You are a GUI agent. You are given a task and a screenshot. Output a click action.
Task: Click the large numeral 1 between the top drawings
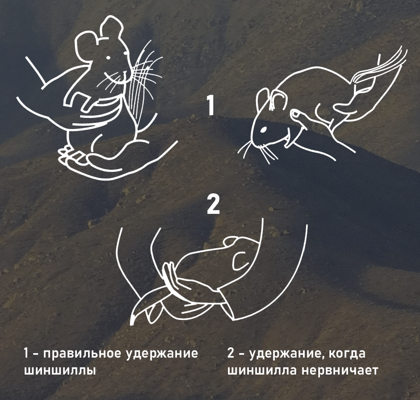[210, 105]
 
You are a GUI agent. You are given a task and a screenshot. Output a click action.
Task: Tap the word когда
[347, 354]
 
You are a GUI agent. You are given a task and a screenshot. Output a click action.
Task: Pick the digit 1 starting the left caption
[26, 354]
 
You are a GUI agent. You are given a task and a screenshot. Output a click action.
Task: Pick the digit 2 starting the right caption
[231, 354]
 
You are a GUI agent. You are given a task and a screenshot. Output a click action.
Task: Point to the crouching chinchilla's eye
[263, 129]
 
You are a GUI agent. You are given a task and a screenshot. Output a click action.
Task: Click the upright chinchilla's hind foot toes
[66, 154]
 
